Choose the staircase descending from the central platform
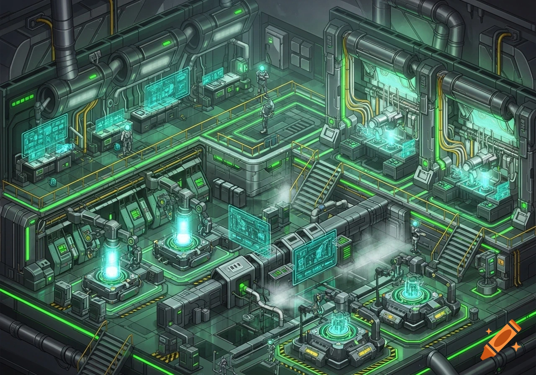313,184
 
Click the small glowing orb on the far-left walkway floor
53,182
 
